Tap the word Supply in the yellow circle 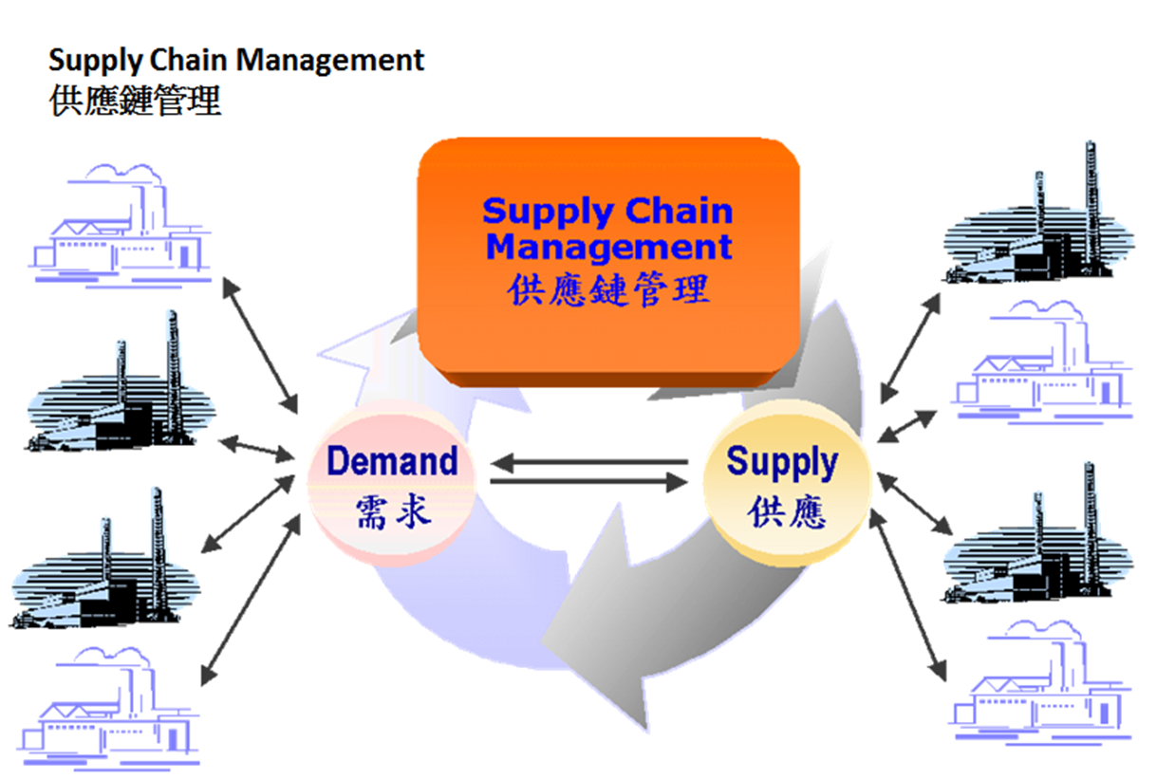tap(782, 463)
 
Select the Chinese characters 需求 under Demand tap(394, 511)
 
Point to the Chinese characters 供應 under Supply tap(787, 511)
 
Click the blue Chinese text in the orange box tap(608, 289)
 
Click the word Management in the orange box tap(609, 247)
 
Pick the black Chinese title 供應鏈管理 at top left tap(135, 101)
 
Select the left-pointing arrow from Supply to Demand tap(589, 462)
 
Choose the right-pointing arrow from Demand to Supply tap(589, 481)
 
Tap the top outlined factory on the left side tap(120, 226)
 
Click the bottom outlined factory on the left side tap(108, 708)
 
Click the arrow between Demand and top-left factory tap(260, 345)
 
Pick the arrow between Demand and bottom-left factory tap(251, 600)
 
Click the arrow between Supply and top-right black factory tap(910, 348)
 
